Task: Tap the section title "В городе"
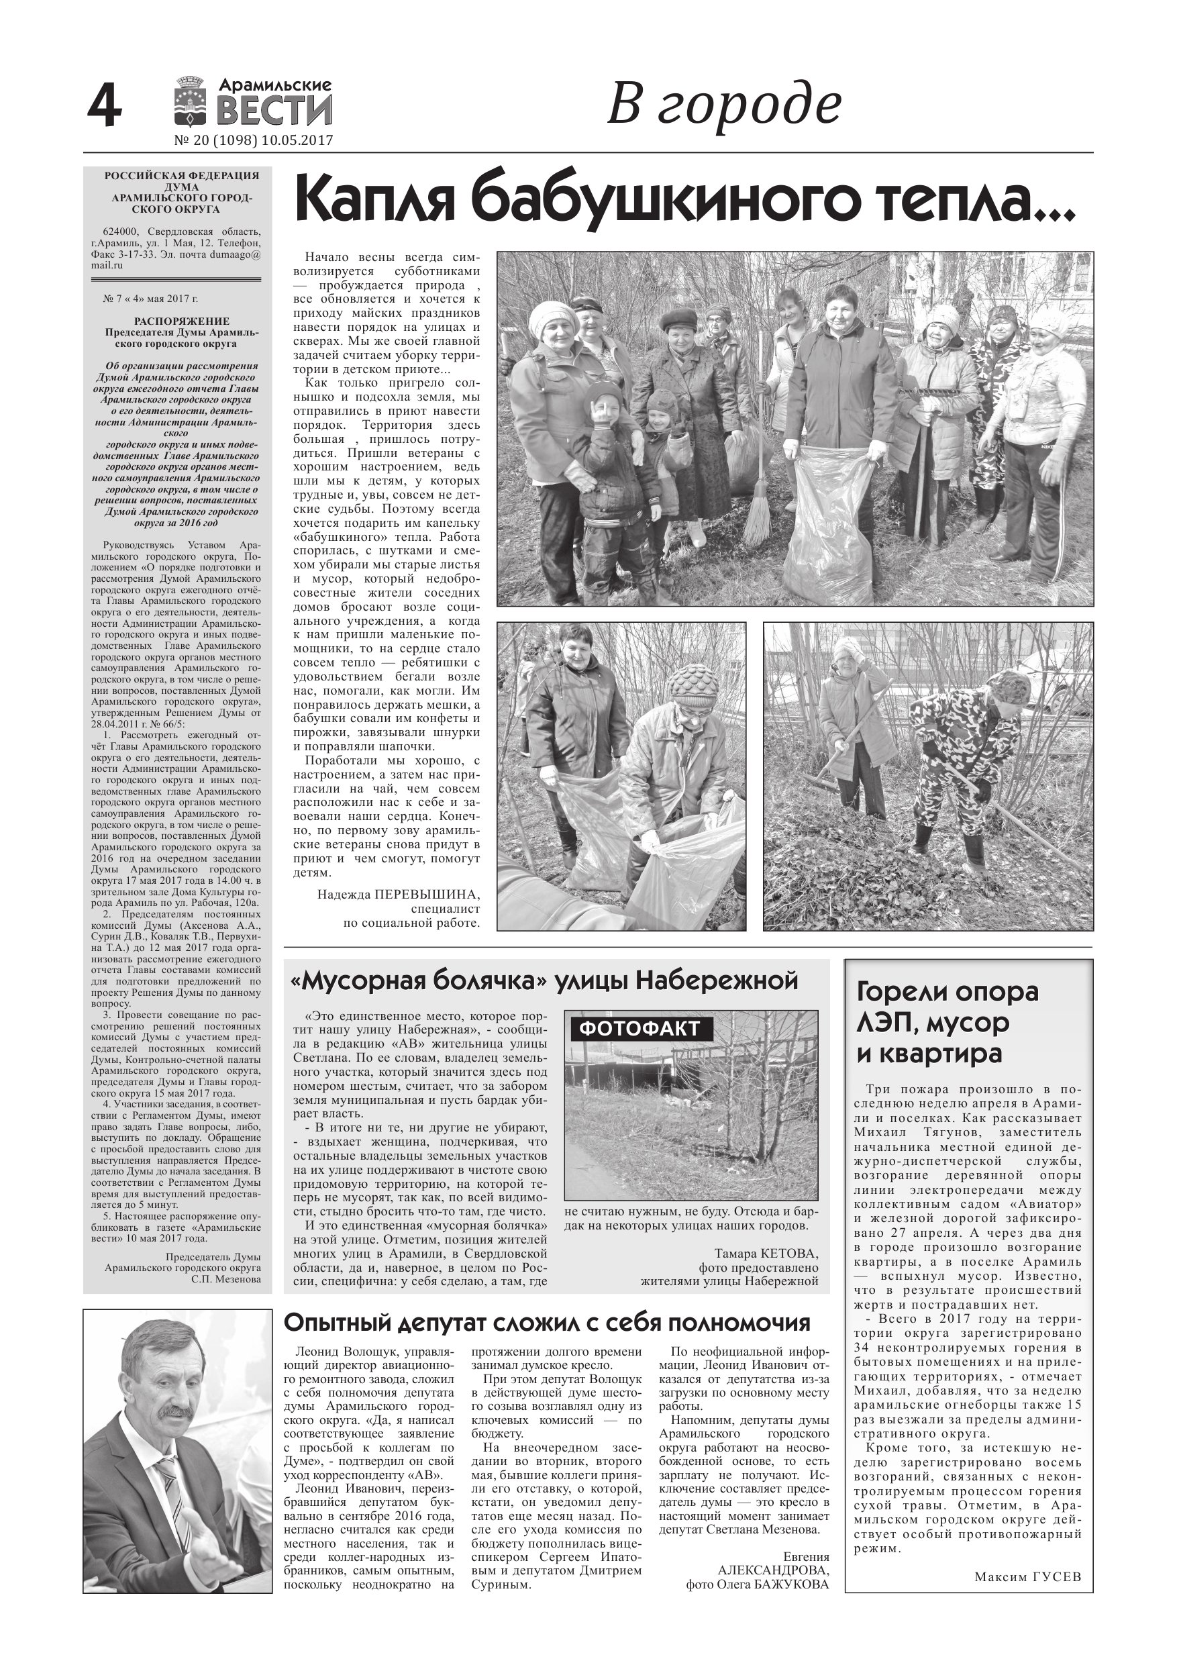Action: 722,106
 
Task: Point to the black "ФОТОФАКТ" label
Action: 639,1028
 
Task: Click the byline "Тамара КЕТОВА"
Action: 766,1253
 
